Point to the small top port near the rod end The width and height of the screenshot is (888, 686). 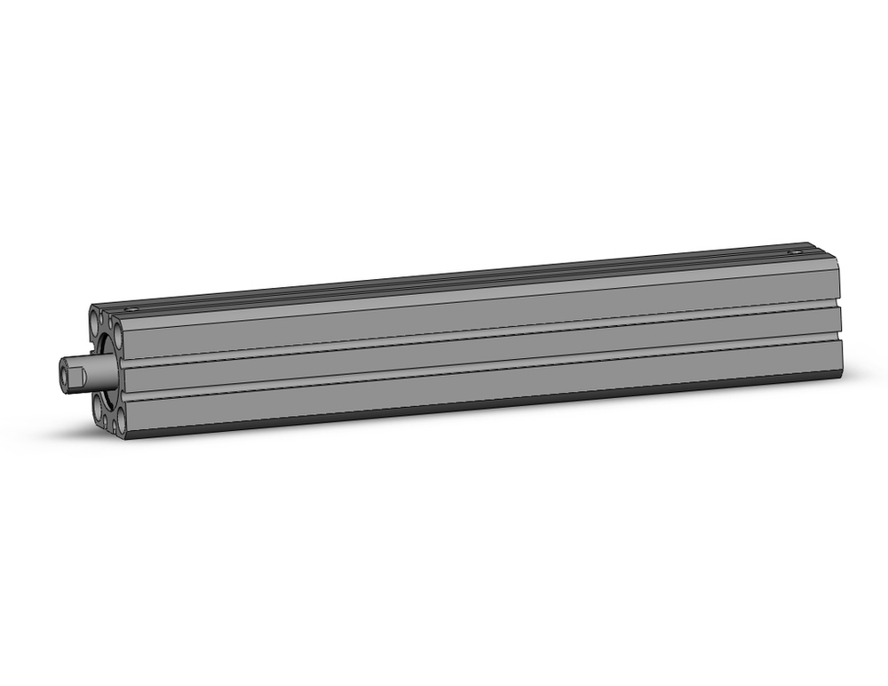coord(133,308)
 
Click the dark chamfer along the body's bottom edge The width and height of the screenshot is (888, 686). coord(480,410)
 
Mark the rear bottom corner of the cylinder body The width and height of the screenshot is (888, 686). coord(839,373)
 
